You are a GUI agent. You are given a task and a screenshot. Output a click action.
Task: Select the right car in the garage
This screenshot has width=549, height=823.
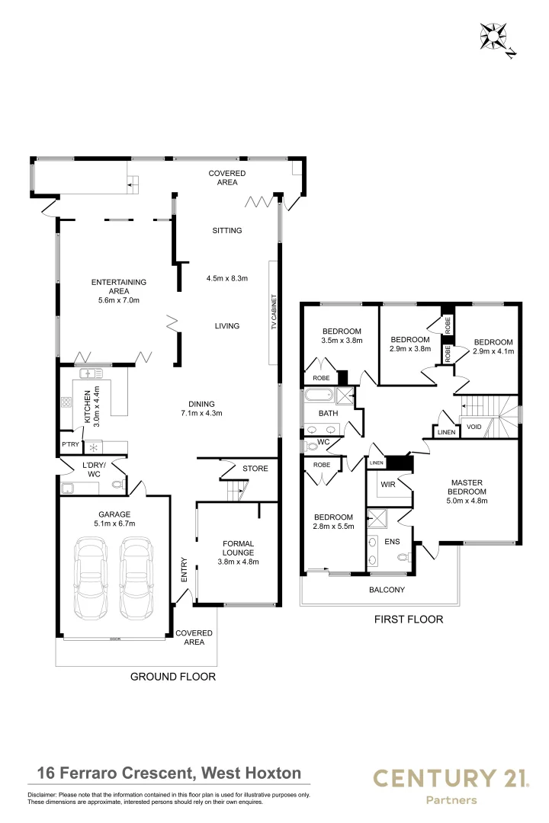[136, 578]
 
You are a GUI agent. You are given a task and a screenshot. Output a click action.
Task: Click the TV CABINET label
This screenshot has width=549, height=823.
[274, 313]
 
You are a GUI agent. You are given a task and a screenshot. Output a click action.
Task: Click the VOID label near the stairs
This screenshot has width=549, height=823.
[474, 427]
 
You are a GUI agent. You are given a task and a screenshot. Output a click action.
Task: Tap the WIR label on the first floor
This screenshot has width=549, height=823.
[387, 485]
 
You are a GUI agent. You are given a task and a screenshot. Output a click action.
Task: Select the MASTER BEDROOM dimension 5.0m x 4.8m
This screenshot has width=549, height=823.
[467, 501]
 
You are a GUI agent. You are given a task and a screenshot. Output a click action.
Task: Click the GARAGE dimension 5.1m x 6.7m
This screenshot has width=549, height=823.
[114, 524]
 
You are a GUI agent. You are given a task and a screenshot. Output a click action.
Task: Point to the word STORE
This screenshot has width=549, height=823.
[255, 468]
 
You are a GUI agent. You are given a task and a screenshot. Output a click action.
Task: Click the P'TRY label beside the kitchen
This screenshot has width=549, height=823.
[70, 444]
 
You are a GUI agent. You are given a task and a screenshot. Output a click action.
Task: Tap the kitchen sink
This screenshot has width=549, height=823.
[91, 373]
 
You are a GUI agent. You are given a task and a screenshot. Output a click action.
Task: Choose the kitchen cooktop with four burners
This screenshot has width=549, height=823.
[66, 402]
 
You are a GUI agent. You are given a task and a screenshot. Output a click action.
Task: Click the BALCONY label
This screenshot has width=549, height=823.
[387, 589]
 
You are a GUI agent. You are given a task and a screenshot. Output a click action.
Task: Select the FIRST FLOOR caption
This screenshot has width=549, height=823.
[408, 620]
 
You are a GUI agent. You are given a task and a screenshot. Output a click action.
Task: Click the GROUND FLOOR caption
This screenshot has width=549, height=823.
[173, 677]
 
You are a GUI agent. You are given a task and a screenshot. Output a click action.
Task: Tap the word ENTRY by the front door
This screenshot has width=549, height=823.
[185, 569]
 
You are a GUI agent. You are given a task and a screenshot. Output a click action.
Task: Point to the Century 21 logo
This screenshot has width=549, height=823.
[451, 785]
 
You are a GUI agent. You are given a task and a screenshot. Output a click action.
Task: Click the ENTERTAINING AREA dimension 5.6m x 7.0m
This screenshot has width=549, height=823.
[119, 300]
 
